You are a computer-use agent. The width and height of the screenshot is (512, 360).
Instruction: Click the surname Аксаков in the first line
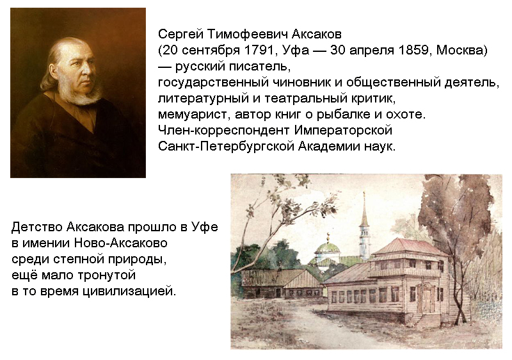pyautogui.click(x=316, y=34)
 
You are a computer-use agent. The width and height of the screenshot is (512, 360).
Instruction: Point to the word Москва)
pyautogui.click(x=461, y=51)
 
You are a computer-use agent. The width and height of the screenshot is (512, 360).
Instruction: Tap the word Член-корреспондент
pyautogui.click(x=223, y=131)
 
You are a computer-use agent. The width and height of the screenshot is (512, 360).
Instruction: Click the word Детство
pyautogui.click(x=37, y=227)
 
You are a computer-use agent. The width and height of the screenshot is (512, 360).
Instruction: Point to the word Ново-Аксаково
pyautogui.click(x=121, y=243)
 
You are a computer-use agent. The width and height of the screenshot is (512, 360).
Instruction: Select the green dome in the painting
pyautogui.click(x=327, y=247)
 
